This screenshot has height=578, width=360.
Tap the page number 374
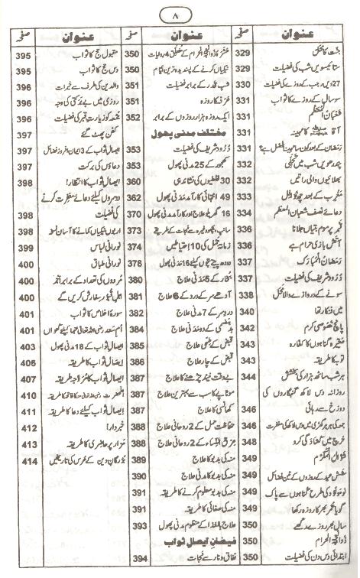[x=132, y=249]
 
